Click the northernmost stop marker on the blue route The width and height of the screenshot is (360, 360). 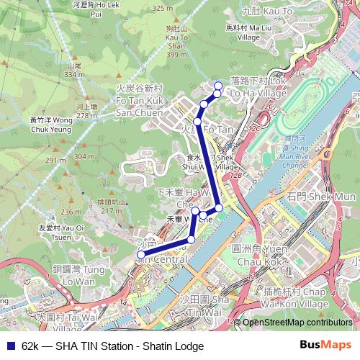tap(218, 86)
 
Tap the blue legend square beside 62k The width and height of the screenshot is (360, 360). tap(10, 346)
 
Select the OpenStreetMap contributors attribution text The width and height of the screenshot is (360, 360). tap(296, 323)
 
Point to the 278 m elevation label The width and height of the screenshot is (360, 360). tap(86, 115)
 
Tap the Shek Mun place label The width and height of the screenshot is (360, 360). tap(320, 197)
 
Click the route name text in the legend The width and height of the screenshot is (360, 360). tap(112, 346)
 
